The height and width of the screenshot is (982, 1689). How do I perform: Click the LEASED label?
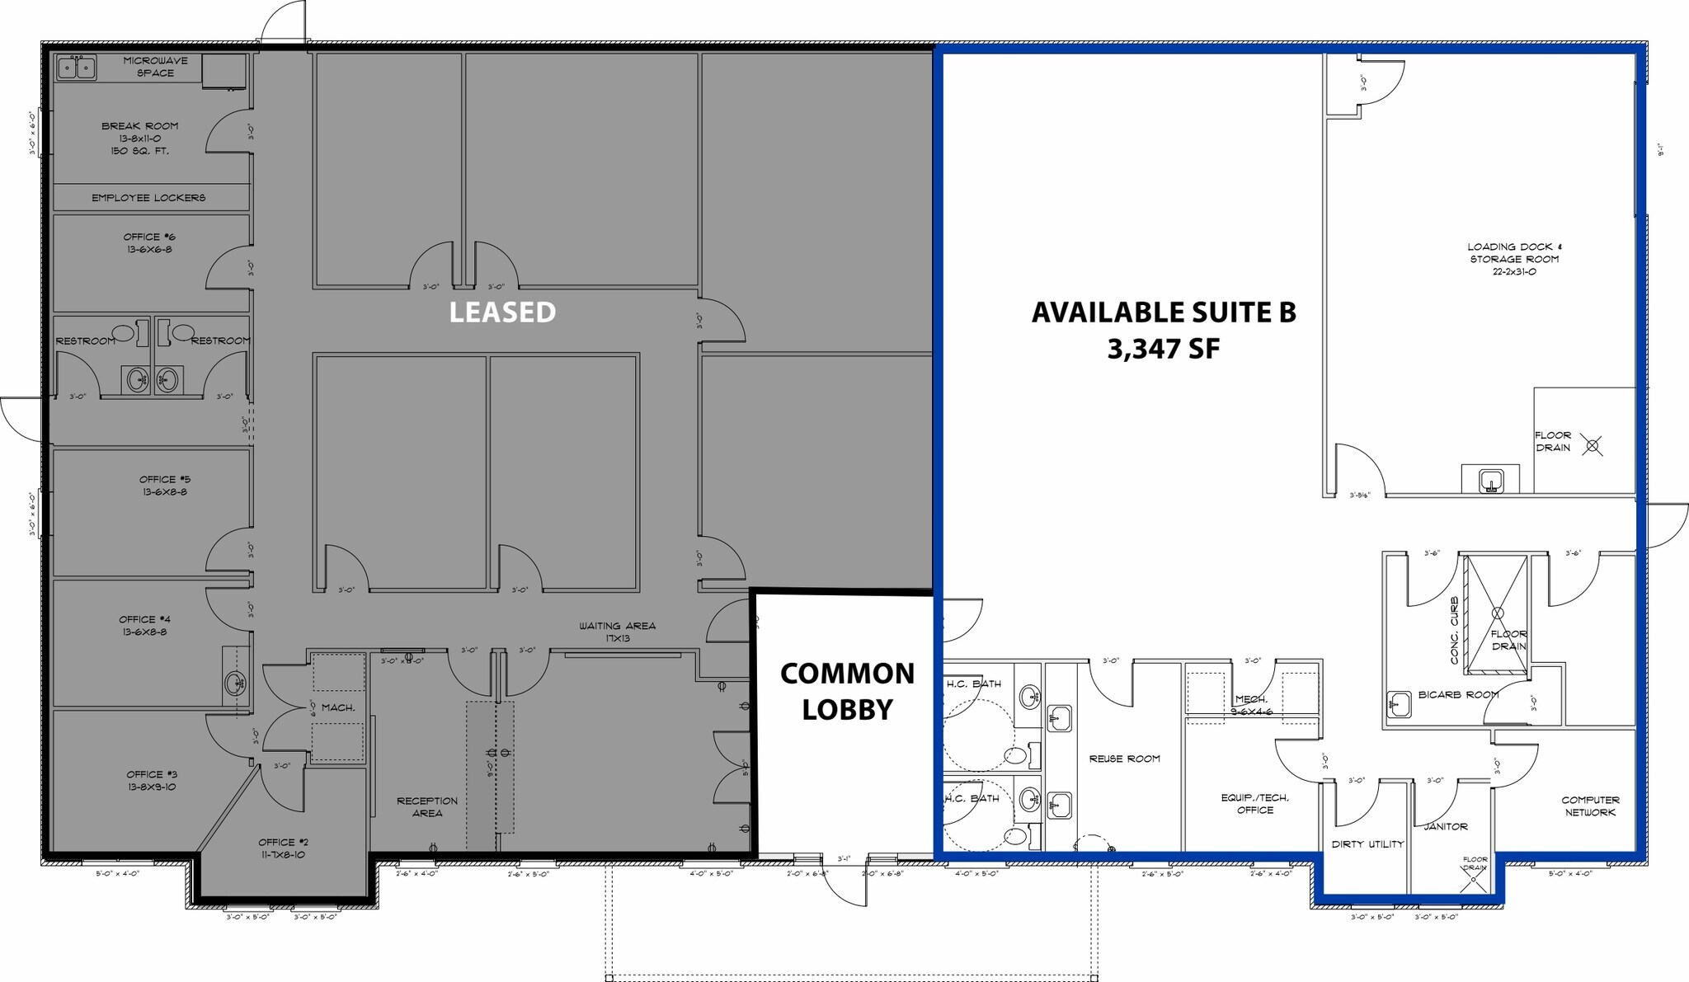coord(502,312)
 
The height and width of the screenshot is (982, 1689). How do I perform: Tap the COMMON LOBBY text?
coord(847,691)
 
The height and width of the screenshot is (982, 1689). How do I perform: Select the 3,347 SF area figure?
coord(1163,349)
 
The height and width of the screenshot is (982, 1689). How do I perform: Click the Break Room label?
coord(140,126)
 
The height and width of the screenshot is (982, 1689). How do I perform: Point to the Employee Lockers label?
coord(148,198)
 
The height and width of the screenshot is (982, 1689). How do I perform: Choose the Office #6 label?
coord(148,243)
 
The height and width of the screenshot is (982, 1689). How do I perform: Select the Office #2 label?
coord(283,848)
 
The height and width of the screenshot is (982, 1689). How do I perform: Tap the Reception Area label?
coord(427,806)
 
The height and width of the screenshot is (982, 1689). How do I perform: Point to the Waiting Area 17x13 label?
coord(617,632)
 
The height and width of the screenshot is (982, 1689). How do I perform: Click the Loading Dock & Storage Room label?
coord(1514,259)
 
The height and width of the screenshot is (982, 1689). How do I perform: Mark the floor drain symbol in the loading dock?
coord(1593,447)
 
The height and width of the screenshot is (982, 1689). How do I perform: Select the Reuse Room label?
coord(1124,759)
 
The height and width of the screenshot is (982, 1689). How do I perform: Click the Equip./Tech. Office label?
coord(1254,804)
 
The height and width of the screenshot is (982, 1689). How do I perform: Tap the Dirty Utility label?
coord(1367,844)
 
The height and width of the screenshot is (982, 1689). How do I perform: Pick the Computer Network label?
coord(1590,806)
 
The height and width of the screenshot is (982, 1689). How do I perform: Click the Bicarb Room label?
coord(1458,694)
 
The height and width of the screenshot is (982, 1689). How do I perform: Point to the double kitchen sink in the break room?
coord(77,67)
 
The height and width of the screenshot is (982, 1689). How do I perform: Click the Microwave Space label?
coord(155,67)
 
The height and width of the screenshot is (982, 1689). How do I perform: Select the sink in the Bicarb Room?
coord(1398,703)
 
